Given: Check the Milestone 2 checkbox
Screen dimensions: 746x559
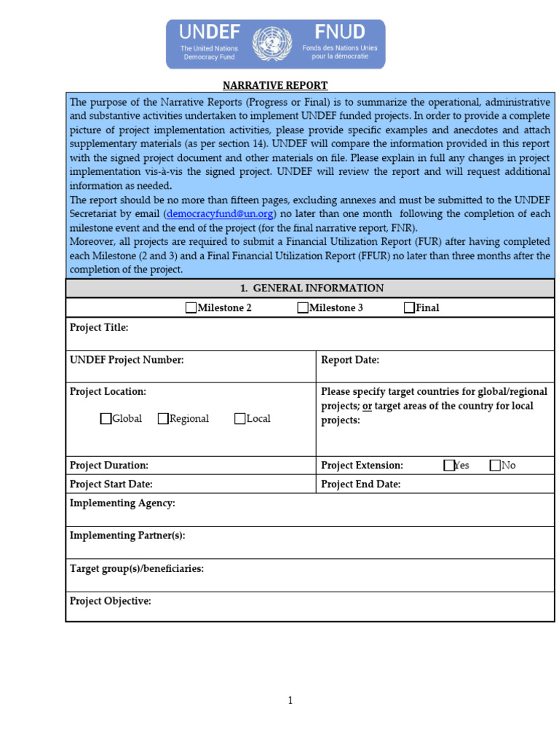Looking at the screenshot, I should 191,308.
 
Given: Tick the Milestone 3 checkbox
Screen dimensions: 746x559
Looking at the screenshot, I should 303,308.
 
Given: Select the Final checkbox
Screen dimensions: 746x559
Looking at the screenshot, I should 410,308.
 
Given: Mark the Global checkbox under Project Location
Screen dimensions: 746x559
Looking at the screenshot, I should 106,419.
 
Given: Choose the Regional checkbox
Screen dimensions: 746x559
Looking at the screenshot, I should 163,419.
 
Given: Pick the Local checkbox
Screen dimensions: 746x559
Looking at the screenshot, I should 240,419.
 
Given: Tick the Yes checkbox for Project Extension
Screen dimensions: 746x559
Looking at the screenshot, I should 449,466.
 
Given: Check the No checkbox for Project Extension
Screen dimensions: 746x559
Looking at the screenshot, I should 496,466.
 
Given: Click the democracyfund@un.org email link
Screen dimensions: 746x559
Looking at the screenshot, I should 220,213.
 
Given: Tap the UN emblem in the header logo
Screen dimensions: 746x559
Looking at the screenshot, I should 271,43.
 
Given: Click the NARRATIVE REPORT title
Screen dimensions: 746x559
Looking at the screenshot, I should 275,85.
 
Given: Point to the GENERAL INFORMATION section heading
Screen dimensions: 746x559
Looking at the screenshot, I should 310,288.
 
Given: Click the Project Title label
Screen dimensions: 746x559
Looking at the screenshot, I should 99,328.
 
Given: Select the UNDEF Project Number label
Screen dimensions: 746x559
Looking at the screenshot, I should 127,360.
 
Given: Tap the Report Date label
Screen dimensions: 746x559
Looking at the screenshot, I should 350,360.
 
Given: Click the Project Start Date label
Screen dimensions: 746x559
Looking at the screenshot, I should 111,484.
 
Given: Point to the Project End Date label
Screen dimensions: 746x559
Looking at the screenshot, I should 361,484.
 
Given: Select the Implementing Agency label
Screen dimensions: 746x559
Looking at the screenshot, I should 122,503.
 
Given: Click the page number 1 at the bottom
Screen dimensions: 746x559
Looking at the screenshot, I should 290,701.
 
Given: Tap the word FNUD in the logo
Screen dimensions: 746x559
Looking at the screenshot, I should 340,31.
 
